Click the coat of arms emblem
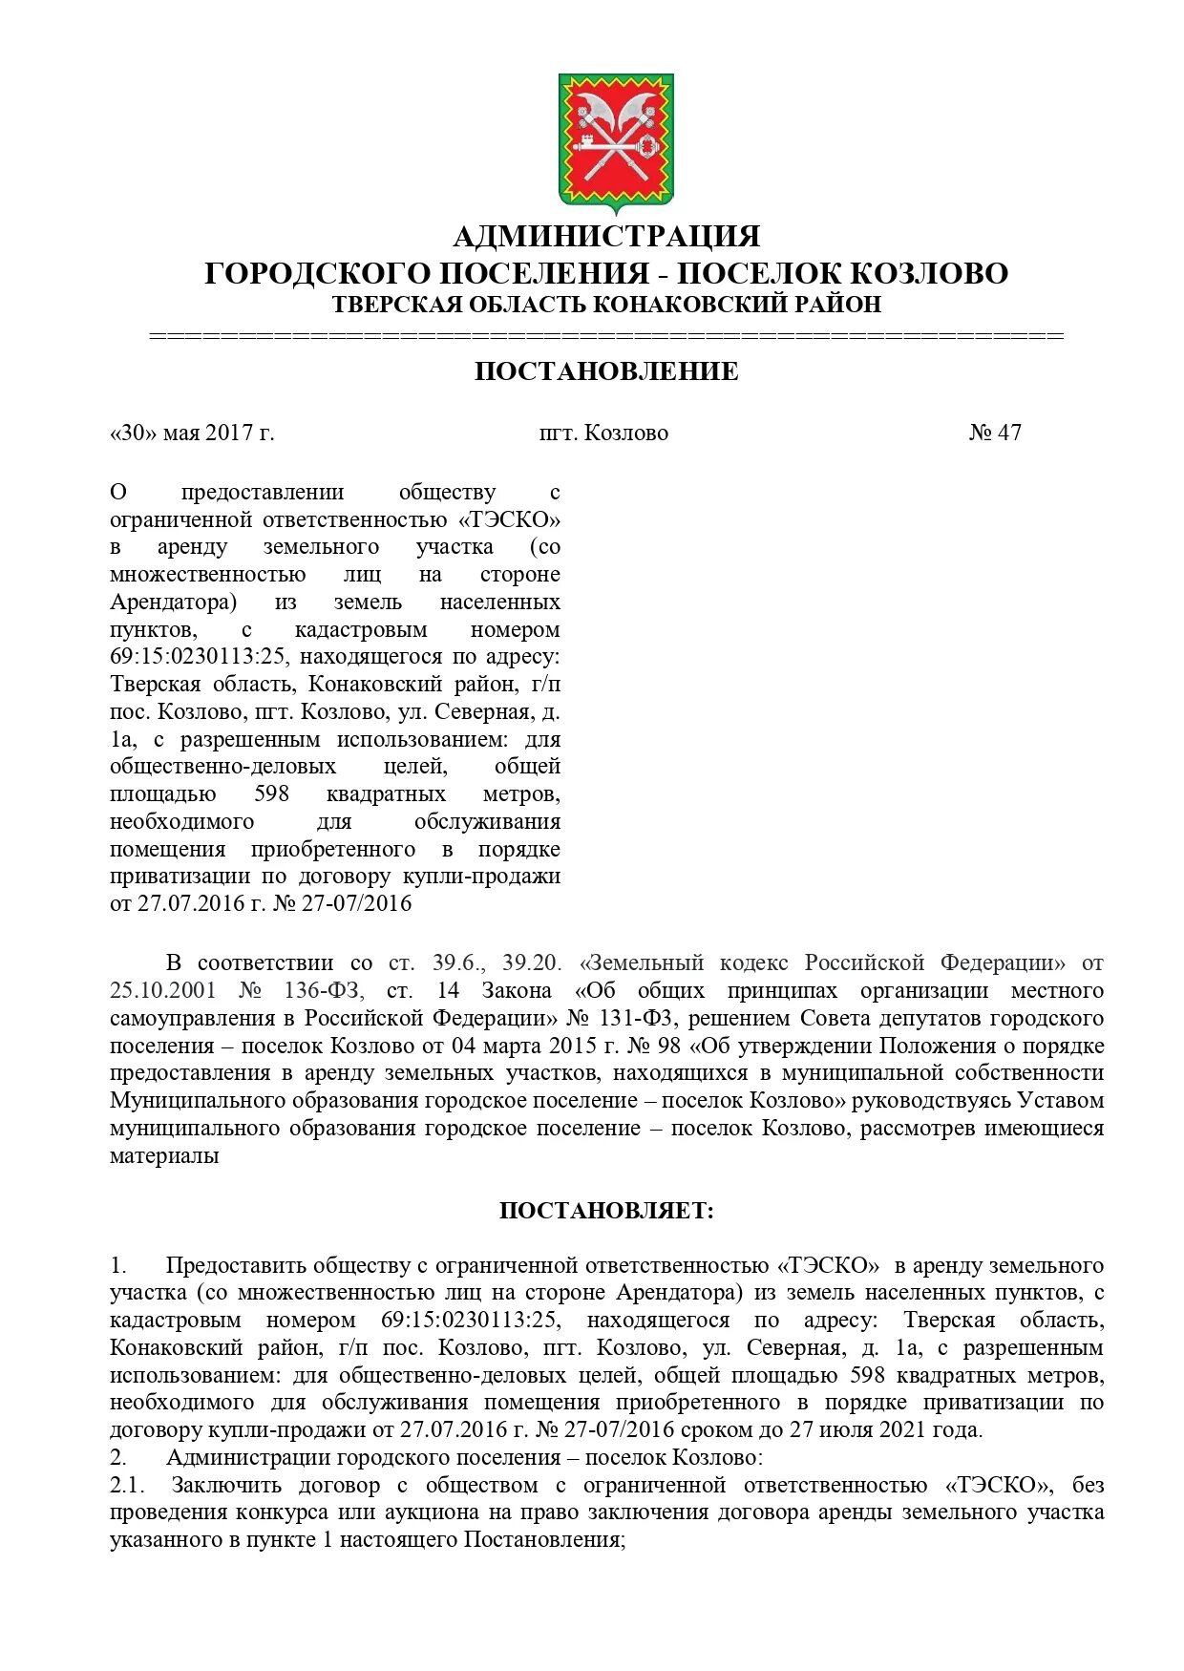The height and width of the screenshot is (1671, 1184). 616,141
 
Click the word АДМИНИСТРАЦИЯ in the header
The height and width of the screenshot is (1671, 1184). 606,236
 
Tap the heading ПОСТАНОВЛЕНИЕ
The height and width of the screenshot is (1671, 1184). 606,371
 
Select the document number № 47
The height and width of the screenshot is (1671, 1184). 995,433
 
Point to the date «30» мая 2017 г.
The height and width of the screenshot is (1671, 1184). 192,433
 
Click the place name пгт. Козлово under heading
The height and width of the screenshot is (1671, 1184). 603,433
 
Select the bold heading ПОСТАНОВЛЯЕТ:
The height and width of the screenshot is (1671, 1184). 606,1211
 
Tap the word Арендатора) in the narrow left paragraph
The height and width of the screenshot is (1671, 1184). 173,603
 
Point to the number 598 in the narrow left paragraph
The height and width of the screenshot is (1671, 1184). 271,794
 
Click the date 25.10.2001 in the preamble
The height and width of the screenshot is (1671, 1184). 162,991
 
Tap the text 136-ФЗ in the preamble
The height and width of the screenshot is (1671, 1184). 323,991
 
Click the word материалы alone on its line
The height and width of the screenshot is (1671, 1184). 164,1156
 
